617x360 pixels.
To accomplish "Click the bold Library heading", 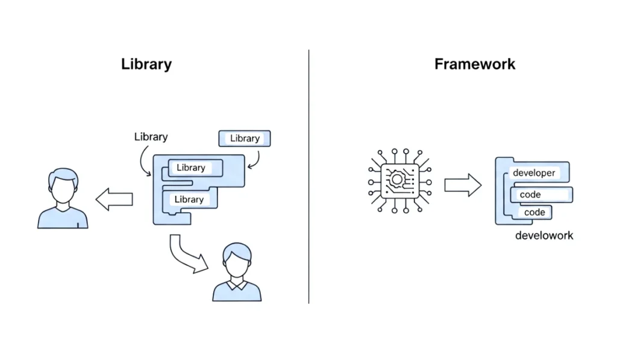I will click(146, 65).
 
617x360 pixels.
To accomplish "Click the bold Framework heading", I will click(475, 65).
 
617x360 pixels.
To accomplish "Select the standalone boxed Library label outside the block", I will click(245, 139).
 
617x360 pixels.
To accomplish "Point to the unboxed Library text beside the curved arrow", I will click(151, 137).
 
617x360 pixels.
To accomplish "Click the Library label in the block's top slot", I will click(191, 168).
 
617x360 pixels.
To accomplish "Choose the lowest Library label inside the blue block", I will click(189, 200).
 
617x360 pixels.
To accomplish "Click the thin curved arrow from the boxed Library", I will click(255, 159).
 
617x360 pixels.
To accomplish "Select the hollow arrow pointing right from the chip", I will click(463, 185).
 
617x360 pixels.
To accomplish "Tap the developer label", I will click(533, 173).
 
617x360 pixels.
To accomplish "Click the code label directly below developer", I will click(530, 195).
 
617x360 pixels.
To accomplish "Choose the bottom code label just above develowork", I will click(534, 212).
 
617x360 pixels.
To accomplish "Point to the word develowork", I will click(544, 235).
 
